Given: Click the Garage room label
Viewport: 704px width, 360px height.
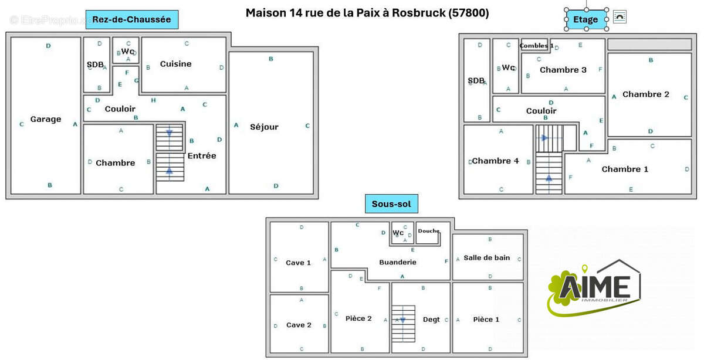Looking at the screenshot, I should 46,119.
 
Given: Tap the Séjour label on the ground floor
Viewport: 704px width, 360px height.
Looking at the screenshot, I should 264,127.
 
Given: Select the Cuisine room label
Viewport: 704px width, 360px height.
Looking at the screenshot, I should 175,64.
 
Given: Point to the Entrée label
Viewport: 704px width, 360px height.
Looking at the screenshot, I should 202,155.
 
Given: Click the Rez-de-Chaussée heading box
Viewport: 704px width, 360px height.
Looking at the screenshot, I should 131,19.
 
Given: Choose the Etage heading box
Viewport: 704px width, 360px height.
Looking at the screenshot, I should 585,19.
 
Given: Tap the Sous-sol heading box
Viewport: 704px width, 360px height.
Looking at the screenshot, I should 391,204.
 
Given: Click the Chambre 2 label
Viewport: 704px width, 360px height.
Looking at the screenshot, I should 645,94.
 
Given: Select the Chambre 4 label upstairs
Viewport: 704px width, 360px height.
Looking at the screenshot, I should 496,161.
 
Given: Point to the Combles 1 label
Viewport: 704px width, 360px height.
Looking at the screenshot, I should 536,46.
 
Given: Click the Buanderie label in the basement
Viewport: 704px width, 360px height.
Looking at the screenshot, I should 398,262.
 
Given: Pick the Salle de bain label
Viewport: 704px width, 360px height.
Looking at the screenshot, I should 486,257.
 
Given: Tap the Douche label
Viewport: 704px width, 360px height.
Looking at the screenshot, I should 428,231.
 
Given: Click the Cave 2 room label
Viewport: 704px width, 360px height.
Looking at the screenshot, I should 299,325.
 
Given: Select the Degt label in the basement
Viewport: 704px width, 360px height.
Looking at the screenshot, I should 431,320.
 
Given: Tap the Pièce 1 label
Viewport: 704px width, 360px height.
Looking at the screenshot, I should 486,319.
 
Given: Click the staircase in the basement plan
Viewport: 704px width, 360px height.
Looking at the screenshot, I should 403,323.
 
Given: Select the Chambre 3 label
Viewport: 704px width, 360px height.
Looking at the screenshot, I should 563,70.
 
